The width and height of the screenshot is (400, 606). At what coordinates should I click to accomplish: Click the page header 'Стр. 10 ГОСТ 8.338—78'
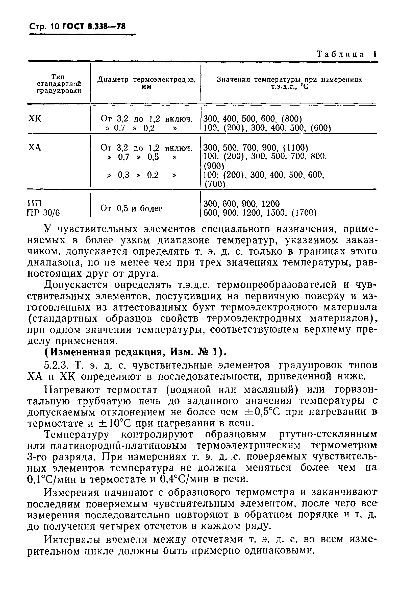[78, 27]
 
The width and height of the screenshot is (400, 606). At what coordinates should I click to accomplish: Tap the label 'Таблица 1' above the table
[346, 54]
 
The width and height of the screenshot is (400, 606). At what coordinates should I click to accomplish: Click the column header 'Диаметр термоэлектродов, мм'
[146, 83]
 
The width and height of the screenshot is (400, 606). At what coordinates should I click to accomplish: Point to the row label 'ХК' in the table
[34, 119]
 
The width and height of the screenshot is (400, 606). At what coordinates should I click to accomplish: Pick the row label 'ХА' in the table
[34, 148]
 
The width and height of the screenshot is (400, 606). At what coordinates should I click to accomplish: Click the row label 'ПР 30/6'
[43, 212]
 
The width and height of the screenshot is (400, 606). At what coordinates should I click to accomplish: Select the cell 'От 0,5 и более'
[131, 208]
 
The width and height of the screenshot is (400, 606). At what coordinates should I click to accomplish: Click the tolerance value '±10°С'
[115, 423]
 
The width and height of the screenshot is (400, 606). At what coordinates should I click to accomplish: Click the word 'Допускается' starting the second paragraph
[76, 285]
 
